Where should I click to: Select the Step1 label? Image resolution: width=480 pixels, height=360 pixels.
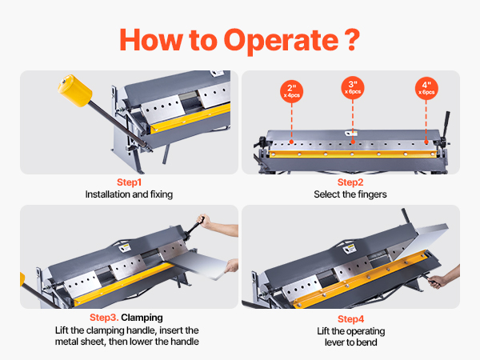(129, 182)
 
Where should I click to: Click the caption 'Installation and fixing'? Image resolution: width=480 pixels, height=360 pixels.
(129, 194)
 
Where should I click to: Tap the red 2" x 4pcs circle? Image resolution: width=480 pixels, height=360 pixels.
(291, 90)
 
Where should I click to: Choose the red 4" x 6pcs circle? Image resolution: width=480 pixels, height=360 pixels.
(427, 90)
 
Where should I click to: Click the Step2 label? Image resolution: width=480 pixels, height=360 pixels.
(350, 182)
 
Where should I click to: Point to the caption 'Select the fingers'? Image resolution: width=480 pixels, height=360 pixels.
(350, 194)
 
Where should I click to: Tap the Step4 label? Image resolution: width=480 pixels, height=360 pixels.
(350, 318)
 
